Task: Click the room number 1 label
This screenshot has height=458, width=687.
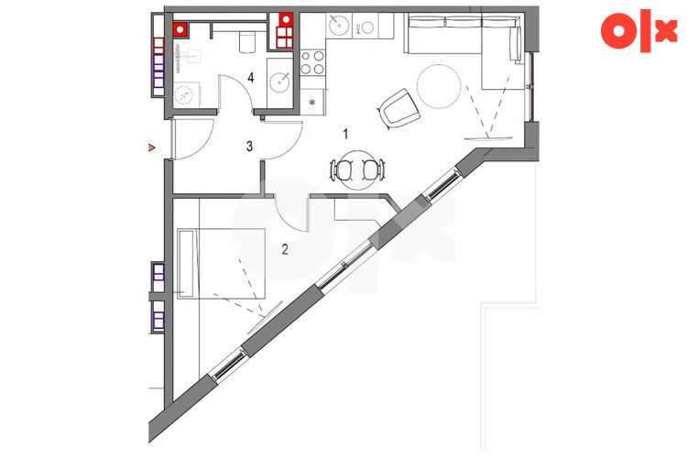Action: [x=345, y=134]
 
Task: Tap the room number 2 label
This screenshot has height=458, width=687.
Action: [x=285, y=249]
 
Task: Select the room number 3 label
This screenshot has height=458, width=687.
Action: [x=249, y=146]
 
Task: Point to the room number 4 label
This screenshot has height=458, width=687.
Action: [x=251, y=78]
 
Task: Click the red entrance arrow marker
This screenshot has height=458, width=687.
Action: [x=152, y=147]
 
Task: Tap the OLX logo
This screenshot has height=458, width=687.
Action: [x=638, y=30]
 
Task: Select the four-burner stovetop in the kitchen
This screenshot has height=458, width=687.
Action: [x=312, y=62]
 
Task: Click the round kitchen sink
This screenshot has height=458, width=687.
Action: [x=338, y=24]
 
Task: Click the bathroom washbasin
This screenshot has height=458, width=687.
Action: [x=279, y=82]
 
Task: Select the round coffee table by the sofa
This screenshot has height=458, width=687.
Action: [x=439, y=86]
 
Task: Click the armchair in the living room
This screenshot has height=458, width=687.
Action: [x=398, y=108]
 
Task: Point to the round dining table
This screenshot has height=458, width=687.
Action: [x=358, y=170]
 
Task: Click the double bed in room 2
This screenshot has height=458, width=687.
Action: [x=222, y=264]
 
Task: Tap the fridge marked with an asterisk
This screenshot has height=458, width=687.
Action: [x=312, y=103]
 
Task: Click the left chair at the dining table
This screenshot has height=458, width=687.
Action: [x=343, y=169]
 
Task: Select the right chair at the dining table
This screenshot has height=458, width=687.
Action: [x=374, y=169]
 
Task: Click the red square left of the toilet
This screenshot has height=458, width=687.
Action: [x=180, y=29]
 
